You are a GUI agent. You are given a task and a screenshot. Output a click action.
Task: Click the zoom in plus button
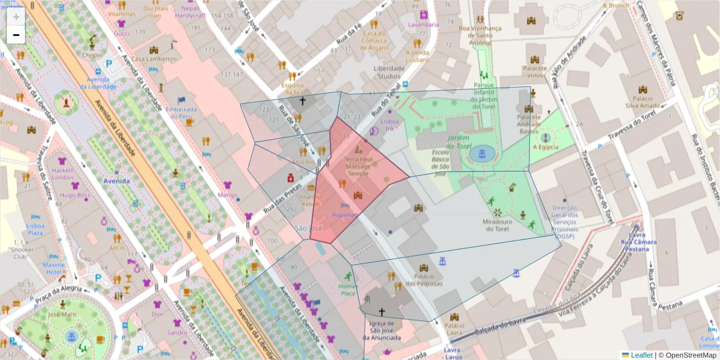(16, 17)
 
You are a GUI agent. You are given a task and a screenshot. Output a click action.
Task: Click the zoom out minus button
(16, 35)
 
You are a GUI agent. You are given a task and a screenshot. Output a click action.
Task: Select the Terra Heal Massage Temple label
(358, 167)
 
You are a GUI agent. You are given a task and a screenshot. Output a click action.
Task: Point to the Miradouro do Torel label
(497, 225)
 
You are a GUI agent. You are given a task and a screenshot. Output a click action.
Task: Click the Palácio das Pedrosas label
(424, 280)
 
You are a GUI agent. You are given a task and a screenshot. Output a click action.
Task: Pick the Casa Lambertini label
(154, 59)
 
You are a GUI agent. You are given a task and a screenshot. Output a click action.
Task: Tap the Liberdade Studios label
(389, 72)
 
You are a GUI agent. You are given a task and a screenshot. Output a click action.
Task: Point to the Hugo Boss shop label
(75, 195)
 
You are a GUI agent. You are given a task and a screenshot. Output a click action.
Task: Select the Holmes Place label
(348, 290)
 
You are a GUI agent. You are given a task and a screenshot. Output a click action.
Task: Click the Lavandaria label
(423, 25)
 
